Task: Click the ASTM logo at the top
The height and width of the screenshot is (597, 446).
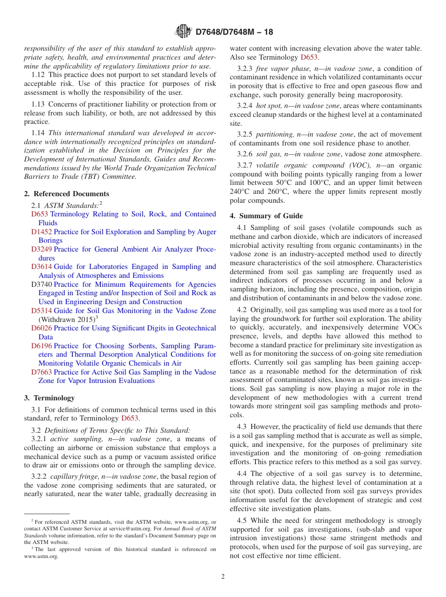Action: click(183, 31)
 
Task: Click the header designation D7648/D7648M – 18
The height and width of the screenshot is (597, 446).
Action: click(234, 32)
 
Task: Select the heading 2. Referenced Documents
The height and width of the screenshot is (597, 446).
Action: click(67, 194)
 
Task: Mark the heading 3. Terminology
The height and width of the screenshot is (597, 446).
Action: click(49, 398)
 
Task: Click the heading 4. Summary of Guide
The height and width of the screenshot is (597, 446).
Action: click(266, 216)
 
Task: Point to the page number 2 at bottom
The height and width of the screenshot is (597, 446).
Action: click(223, 577)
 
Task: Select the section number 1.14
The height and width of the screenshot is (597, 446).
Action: click(38, 133)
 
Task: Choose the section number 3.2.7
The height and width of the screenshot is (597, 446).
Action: click(245, 165)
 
